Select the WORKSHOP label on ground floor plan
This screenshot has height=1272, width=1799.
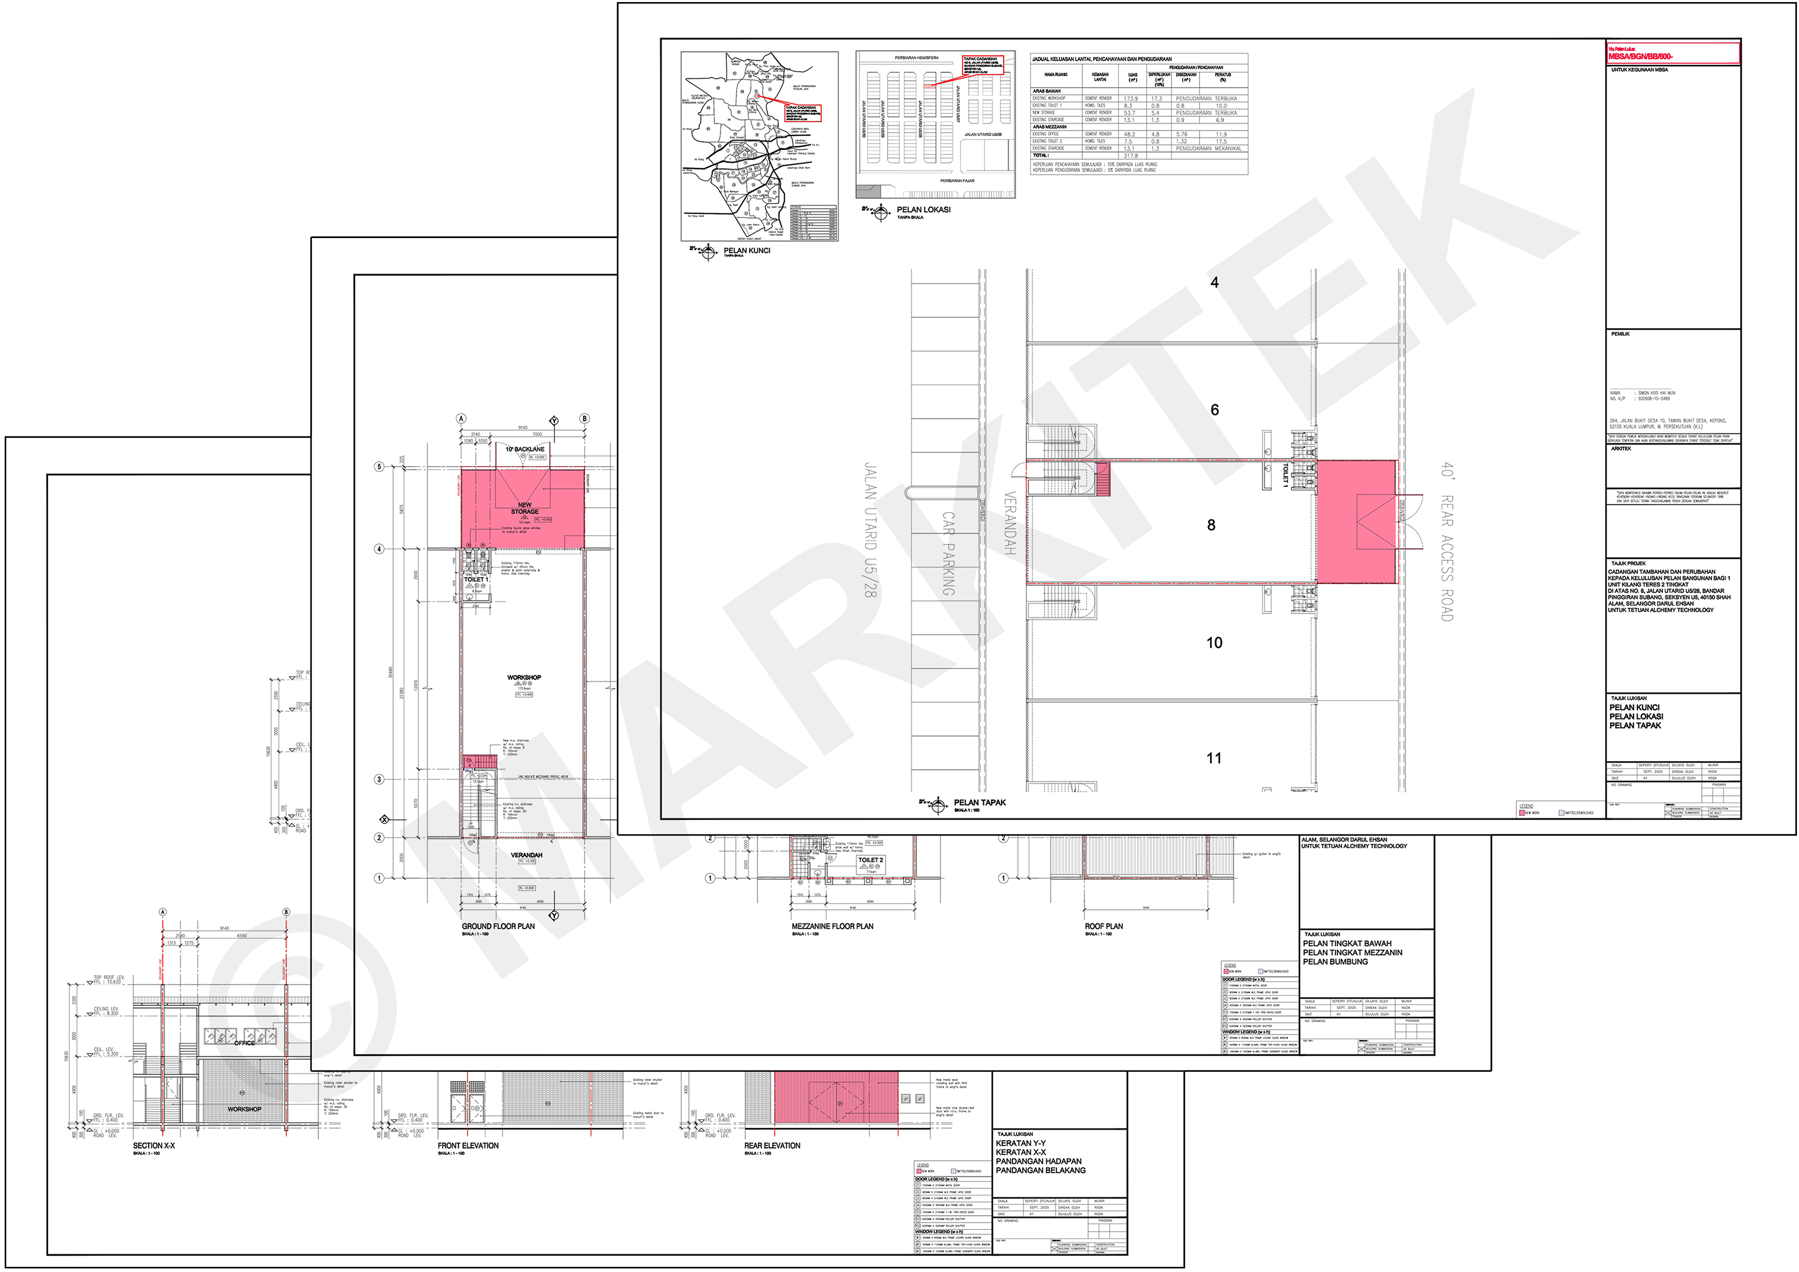[524, 677]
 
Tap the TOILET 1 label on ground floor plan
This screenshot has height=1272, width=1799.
[475, 579]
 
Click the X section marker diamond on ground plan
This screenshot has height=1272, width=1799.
[384, 819]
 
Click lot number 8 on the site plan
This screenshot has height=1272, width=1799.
[1211, 525]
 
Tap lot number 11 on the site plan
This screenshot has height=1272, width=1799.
[1214, 758]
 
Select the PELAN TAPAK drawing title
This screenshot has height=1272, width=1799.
[980, 803]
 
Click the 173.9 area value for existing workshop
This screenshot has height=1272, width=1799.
[1130, 99]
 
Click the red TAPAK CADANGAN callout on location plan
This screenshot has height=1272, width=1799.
[983, 64]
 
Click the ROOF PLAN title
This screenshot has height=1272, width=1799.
[1103, 926]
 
